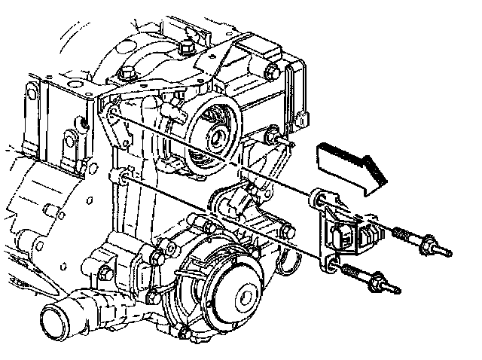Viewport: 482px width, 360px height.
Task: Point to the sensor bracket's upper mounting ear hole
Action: point(317,199)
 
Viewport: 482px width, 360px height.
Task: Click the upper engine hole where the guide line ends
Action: point(113,113)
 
